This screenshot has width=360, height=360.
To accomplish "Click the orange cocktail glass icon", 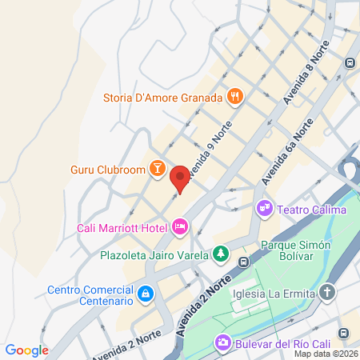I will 158,169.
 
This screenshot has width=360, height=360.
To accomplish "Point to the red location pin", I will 180,178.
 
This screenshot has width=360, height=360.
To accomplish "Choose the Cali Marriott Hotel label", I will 122,228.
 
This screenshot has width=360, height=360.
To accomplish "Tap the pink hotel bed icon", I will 180,228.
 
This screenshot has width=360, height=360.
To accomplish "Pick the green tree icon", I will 221,255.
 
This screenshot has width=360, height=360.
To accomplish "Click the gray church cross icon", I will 326,292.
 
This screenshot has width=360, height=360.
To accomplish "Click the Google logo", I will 27,350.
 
